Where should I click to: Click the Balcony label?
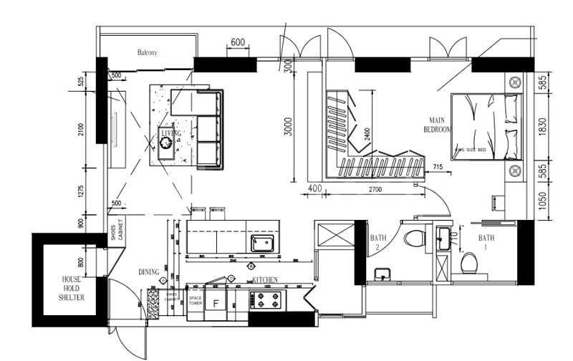[x=147, y=52]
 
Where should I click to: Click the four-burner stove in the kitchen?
[x=267, y=299]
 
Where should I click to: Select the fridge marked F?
[x=216, y=303]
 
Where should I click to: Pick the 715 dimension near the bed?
[x=438, y=167]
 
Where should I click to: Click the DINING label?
[x=149, y=272]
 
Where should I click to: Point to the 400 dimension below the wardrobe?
[x=313, y=188]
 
